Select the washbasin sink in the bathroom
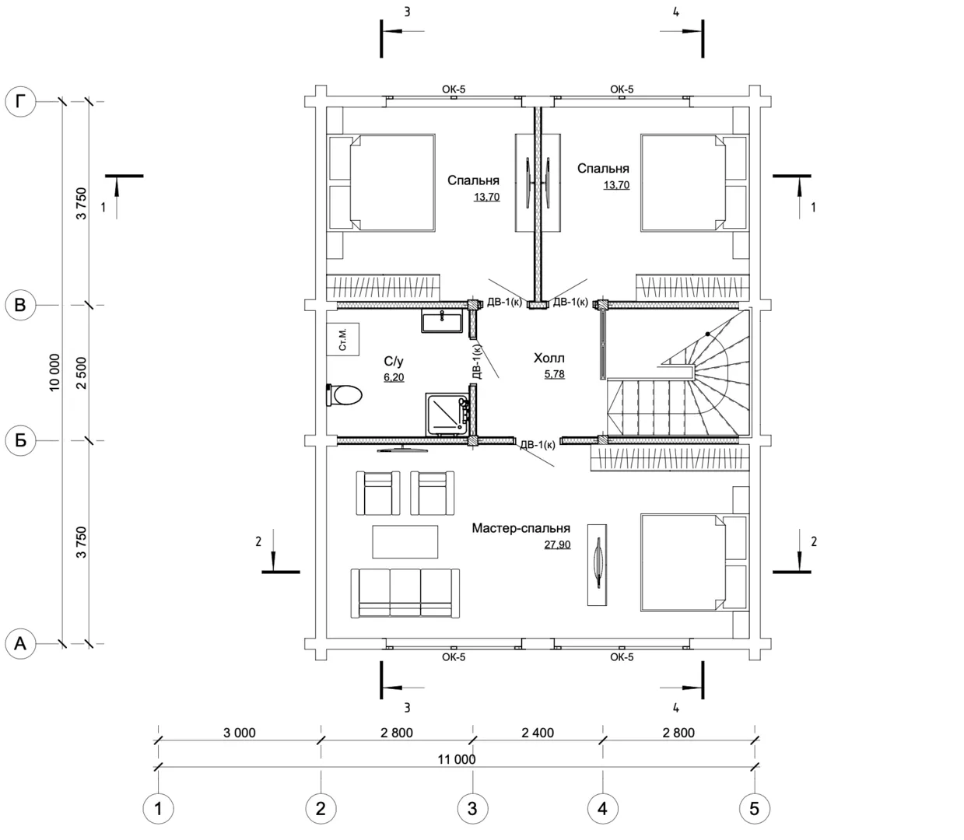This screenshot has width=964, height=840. (x=441, y=321)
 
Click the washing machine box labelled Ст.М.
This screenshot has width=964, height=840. (x=343, y=339)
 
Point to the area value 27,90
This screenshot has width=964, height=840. (x=557, y=544)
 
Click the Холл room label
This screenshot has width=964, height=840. (x=549, y=359)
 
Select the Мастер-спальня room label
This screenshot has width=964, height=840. (x=521, y=528)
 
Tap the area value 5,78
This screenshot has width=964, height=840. (x=555, y=374)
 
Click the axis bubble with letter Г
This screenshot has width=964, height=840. (x=20, y=102)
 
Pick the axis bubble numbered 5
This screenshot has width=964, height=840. (x=755, y=809)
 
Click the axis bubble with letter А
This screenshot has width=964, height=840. (x=20, y=644)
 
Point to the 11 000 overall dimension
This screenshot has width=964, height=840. (x=457, y=759)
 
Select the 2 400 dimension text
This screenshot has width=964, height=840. (x=538, y=733)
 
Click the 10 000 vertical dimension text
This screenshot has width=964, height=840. (x=55, y=373)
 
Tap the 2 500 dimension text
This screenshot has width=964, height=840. (x=82, y=373)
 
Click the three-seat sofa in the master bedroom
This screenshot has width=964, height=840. (x=405, y=593)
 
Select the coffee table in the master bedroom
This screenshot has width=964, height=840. (x=405, y=542)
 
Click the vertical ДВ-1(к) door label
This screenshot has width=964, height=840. (x=477, y=362)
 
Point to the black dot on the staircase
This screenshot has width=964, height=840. (x=708, y=334)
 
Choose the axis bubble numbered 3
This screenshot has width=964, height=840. (x=472, y=809)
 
